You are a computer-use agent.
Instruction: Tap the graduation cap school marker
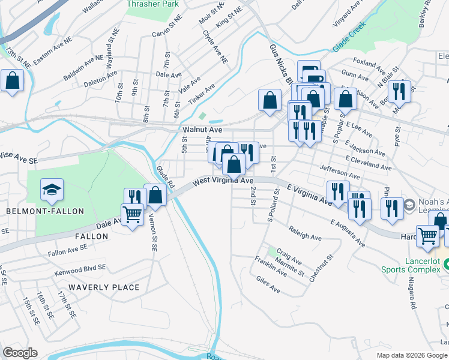[x=52, y=190]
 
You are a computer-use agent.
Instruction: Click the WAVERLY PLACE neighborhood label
[x=104, y=287]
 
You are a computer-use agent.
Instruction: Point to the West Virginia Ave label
[x=223, y=180]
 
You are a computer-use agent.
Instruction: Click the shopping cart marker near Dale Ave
[x=132, y=214]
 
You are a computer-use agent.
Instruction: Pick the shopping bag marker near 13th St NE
[x=12, y=80]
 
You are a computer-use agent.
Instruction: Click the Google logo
[x=20, y=353]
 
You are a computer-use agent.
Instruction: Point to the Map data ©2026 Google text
[x=412, y=355]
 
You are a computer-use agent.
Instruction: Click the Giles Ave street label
[x=268, y=289]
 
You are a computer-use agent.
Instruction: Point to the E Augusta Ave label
[x=347, y=233]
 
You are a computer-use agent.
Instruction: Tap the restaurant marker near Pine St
[x=399, y=91]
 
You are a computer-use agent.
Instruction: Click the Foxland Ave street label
[x=369, y=63]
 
